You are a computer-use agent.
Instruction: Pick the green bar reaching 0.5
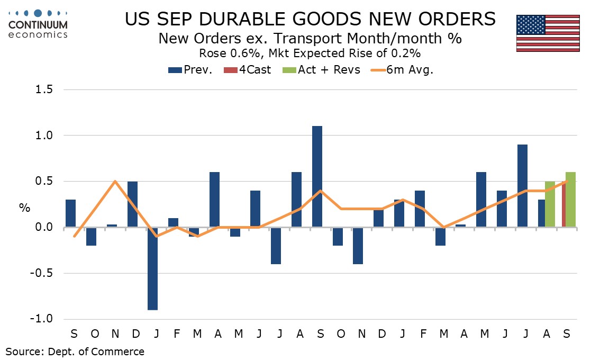[550, 204]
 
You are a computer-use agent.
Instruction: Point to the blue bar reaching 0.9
[522, 186]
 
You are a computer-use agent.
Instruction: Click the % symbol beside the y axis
[25, 207]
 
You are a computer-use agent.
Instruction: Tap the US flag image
[548, 33]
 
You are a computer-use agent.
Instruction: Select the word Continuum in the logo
[38, 25]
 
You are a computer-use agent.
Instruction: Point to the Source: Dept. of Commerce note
[75, 351]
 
